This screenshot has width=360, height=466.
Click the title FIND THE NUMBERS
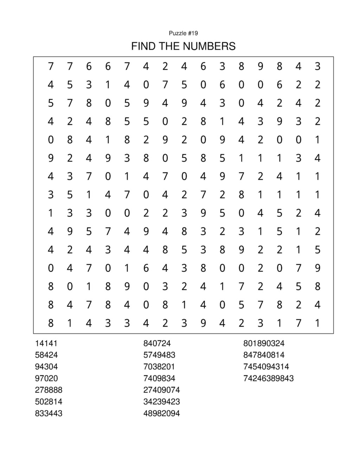tap(183, 46)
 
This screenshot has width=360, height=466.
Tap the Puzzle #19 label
tap(183, 33)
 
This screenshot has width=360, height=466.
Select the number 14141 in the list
tap(46, 343)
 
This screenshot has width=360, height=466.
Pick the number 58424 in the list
tap(46, 355)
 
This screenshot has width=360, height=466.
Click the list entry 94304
tap(46, 366)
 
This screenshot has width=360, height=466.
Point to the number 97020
tap(46, 378)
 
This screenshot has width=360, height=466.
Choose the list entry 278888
tap(49, 390)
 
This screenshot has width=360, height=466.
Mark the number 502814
tap(49, 402)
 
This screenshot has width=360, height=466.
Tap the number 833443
tap(49, 413)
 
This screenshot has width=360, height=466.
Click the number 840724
tap(157, 343)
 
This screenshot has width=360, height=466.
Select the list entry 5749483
tap(159, 355)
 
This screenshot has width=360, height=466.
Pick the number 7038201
tap(159, 366)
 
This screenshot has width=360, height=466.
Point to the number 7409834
tap(159, 378)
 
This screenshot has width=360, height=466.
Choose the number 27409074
tap(161, 390)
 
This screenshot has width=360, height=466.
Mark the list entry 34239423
tap(161, 402)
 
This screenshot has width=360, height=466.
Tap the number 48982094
tap(161, 413)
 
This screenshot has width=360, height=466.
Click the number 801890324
tap(264, 343)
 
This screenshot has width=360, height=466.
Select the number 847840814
tap(264, 355)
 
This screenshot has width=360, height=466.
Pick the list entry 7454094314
tap(266, 366)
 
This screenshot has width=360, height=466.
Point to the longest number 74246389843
tap(268, 378)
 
